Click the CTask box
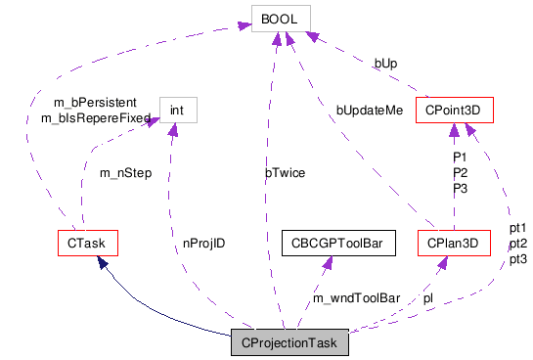point(87,241)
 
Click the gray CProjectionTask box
point(289,343)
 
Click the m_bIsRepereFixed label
point(95,118)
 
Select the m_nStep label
point(125,174)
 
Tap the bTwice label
point(285,173)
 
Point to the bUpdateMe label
point(370,110)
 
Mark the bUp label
point(385,64)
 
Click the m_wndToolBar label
point(357,297)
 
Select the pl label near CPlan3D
point(428,296)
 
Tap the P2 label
point(460,173)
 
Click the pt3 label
point(518,259)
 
